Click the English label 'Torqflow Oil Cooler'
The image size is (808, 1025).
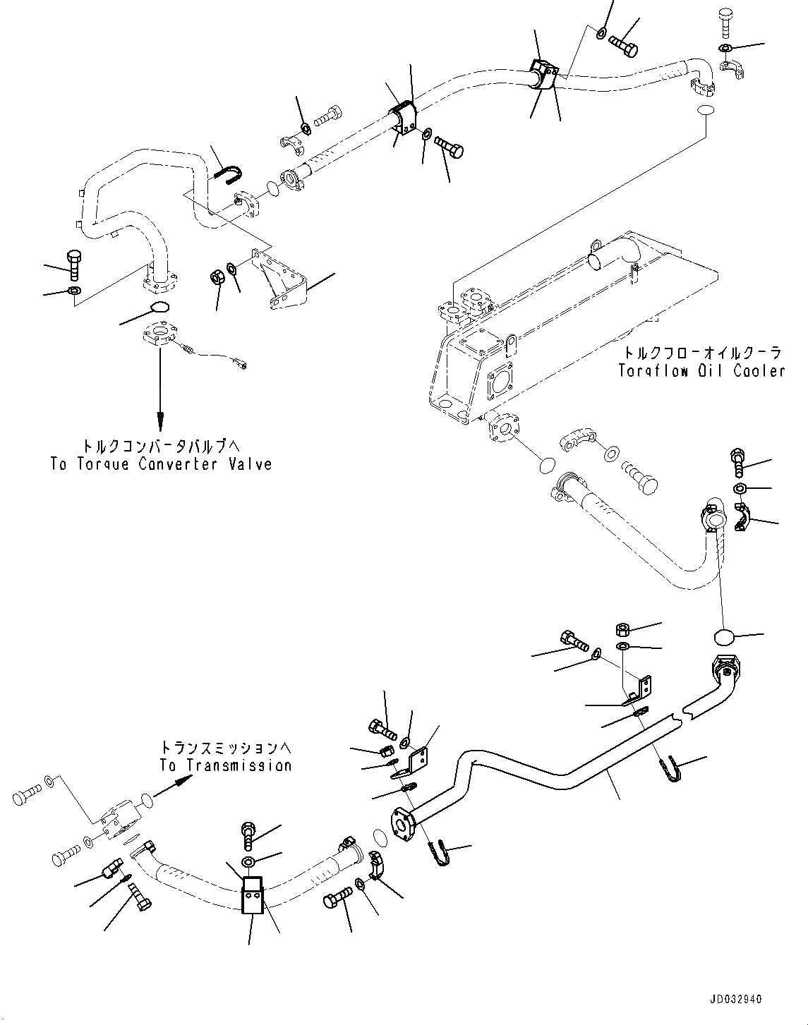click(x=701, y=371)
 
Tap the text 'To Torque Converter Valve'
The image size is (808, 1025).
click(x=161, y=464)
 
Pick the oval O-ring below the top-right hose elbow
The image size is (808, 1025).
click(x=706, y=111)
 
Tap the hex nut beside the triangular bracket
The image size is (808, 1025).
click(x=216, y=277)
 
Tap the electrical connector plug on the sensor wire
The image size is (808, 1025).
click(x=241, y=365)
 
